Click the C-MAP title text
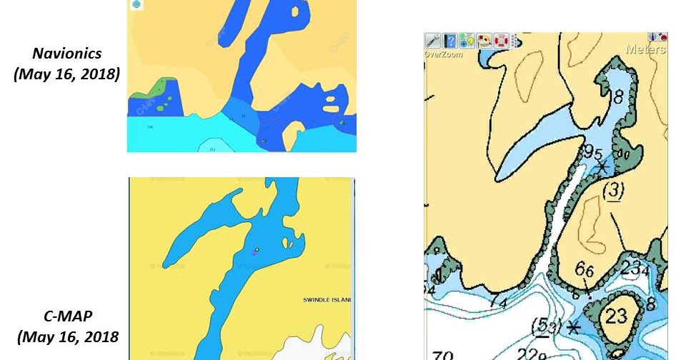(x=65, y=315)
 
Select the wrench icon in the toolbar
(x=433, y=41)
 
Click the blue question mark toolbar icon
(x=450, y=41)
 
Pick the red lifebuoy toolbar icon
(x=501, y=41)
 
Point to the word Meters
(x=645, y=50)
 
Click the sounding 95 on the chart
(x=592, y=152)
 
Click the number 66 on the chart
(x=585, y=270)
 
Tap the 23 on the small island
(x=616, y=315)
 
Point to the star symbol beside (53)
(x=573, y=328)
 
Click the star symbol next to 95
(x=603, y=166)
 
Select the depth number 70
(x=443, y=354)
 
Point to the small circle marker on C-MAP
(x=257, y=249)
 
